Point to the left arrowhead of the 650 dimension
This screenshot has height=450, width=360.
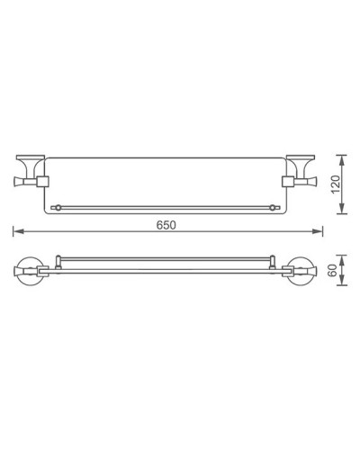pos(16,232)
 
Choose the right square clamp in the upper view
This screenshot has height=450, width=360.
pos(289,183)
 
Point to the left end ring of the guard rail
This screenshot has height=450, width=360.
pos(58,207)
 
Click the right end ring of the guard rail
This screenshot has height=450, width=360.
pos(274,207)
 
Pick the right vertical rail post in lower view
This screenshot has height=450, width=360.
pos(275,262)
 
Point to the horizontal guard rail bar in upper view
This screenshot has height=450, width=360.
pos(166,207)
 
